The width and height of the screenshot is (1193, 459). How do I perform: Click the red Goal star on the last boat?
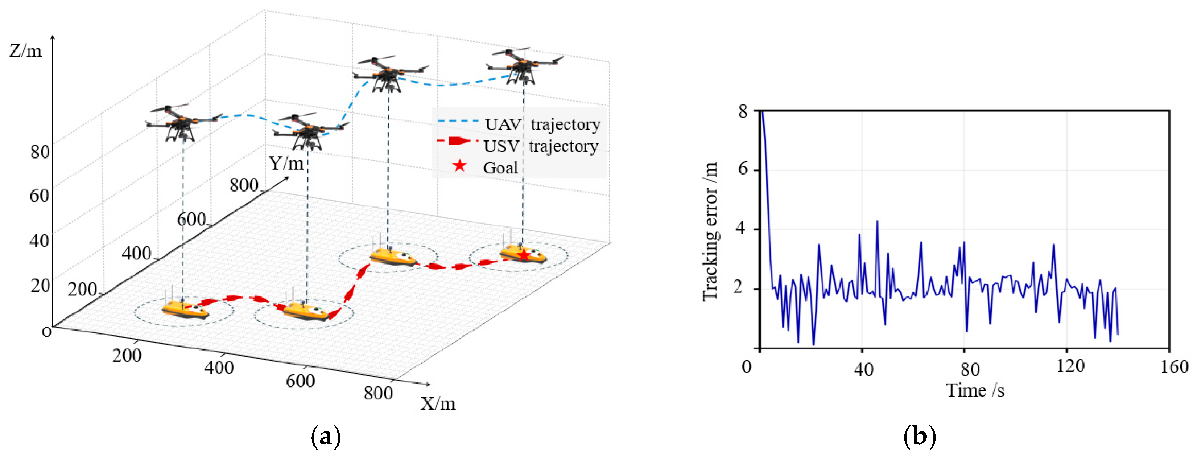pos(523,255)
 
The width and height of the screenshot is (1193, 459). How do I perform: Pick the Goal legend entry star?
pos(459,166)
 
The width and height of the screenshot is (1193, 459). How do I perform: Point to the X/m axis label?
pos(438,404)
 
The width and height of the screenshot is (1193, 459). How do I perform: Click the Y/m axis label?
pos(286,163)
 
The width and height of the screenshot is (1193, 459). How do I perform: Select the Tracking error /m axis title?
pos(710,231)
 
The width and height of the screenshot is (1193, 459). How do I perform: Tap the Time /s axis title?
pos(975,390)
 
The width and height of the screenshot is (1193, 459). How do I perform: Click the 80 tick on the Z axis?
pos(40,152)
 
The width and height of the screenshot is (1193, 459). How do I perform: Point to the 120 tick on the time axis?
pos(1070,366)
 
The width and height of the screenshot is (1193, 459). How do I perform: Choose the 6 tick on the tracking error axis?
pos(743,169)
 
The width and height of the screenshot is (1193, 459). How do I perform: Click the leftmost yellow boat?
pos(185,310)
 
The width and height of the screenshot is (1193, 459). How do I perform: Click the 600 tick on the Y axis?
pos(191,219)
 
